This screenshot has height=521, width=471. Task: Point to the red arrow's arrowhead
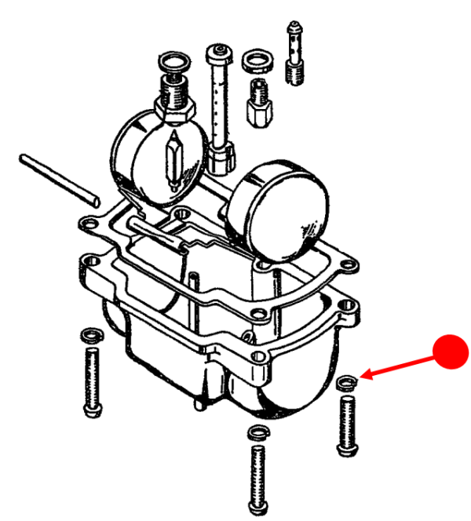coord(363,378)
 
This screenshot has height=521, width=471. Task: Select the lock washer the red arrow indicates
coord(346,383)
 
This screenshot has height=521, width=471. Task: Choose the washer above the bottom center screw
coord(257,433)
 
